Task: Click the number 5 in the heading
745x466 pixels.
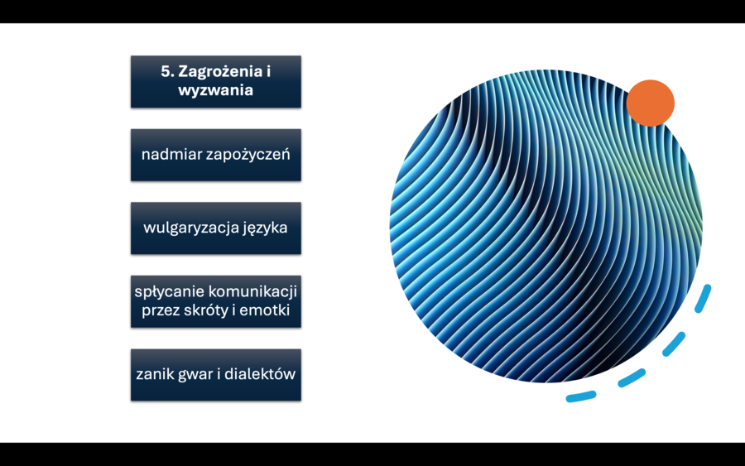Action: point(166,72)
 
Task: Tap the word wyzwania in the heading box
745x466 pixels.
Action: point(215,91)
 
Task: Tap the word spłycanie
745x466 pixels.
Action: point(169,292)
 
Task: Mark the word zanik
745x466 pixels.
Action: point(154,374)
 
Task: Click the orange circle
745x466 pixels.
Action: point(650,103)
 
